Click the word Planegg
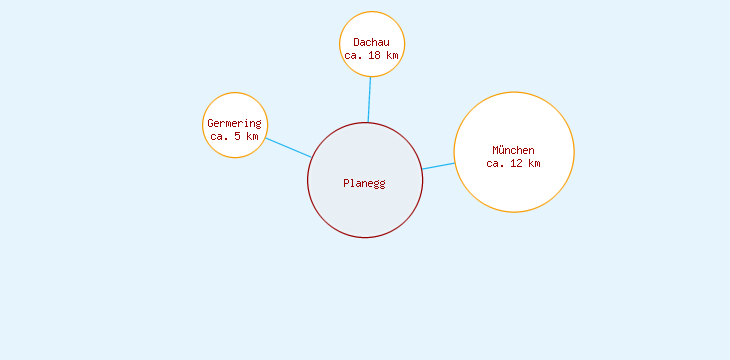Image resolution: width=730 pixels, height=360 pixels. pyautogui.click(x=364, y=183)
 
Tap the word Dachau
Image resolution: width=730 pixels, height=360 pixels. pyautogui.click(x=371, y=42)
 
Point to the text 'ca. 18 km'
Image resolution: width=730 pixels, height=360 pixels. pyautogui.click(x=371, y=56)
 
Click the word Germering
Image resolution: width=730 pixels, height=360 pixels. pyautogui.click(x=234, y=123)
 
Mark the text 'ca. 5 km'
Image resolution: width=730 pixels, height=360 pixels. pyautogui.click(x=234, y=136)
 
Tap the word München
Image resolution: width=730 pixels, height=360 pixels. pyautogui.click(x=513, y=150)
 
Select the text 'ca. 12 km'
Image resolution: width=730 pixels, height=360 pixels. pyautogui.click(x=513, y=163)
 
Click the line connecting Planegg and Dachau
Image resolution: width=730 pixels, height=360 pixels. pyautogui.click(x=369, y=99)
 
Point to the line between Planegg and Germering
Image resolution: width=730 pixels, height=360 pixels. pyautogui.click(x=288, y=147)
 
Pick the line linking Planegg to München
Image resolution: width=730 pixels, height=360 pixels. pyautogui.click(x=438, y=166)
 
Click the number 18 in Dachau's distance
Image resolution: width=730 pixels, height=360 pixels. pyautogui.click(x=374, y=56)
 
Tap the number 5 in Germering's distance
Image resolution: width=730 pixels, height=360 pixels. pyautogui.click(x=237, y=136)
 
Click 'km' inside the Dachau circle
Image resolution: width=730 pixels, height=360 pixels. pyautogui.click(x=392, y=56)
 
